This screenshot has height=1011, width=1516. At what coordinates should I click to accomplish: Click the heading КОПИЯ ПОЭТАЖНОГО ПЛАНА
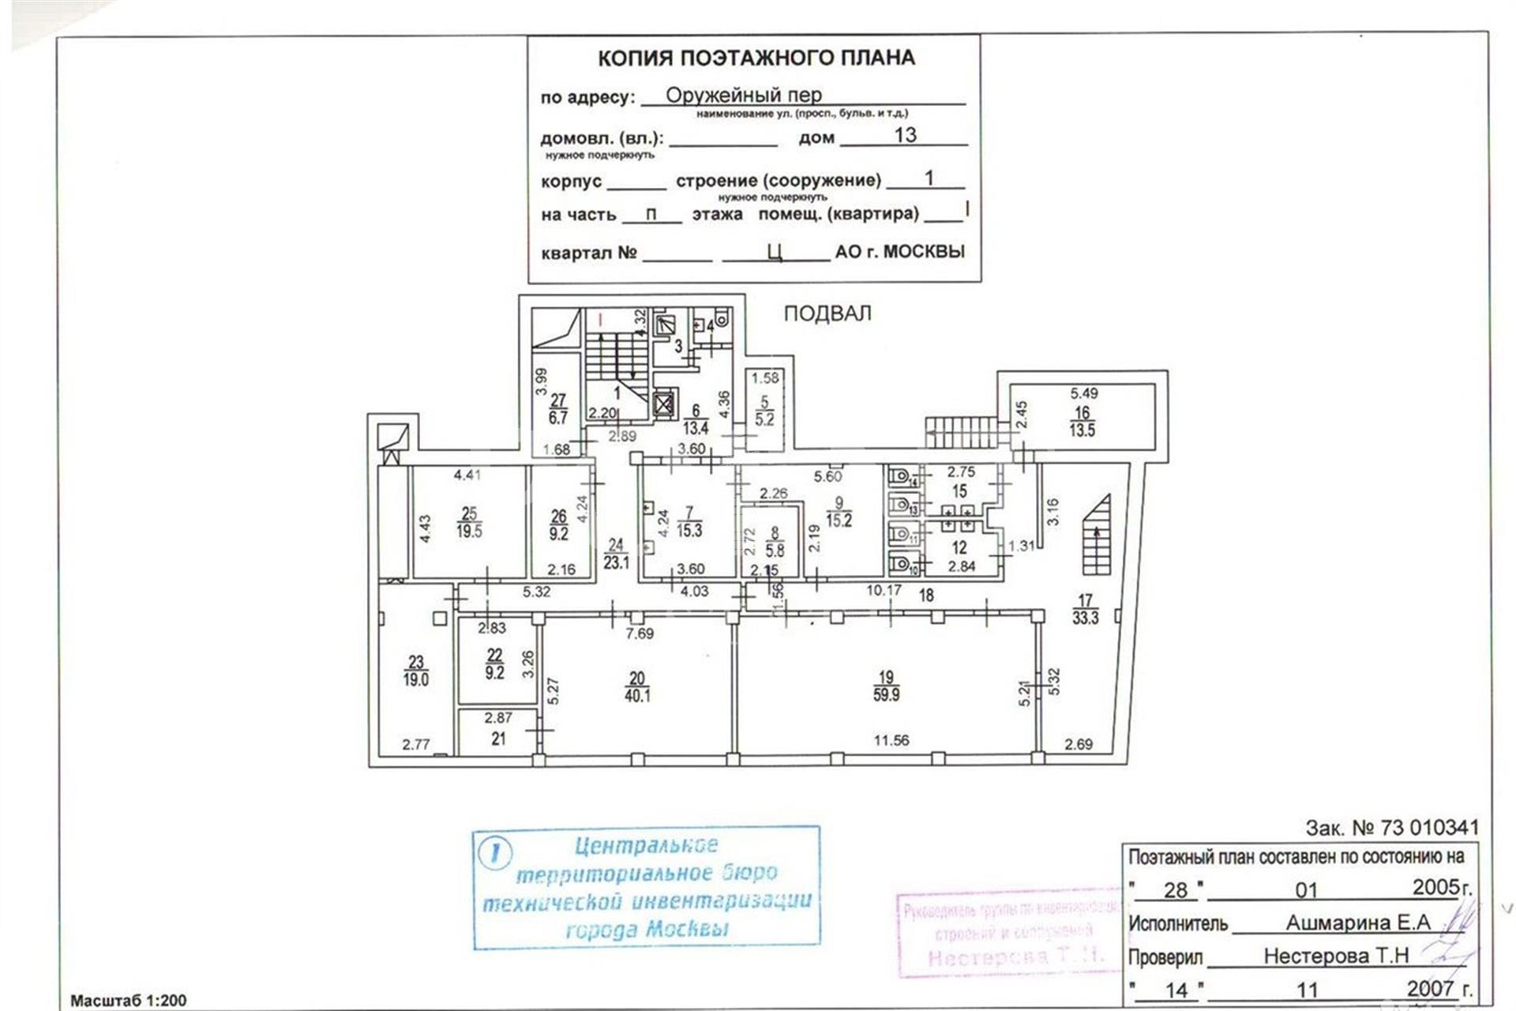[x=756, y=58]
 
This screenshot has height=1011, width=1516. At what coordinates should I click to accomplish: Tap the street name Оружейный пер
[x=743, y=95]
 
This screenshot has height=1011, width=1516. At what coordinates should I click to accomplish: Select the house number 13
[x=905, y=135]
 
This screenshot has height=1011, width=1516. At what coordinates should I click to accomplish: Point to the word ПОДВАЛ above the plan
[x=827, y=314]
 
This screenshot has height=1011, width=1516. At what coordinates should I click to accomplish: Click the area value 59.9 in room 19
[x=886, y=696]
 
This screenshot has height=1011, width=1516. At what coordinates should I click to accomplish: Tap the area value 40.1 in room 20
[x=637, y=696]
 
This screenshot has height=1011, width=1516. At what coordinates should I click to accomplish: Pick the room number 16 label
[x=1082, y=412]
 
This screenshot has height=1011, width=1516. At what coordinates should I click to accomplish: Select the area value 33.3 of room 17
[x=1086, y=618]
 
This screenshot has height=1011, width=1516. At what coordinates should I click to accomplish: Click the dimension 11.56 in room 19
[x=891, y=740]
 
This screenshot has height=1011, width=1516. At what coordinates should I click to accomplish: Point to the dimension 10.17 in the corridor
[x=884, y=589]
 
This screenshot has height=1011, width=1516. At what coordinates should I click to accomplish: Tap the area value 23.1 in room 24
[x=616, y=562]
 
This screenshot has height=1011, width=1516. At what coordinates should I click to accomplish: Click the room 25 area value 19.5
[x=469, y=532]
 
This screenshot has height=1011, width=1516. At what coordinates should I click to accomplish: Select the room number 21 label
[x=498, y=739]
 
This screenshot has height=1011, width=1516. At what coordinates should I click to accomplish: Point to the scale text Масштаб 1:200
[x=128, y=1000]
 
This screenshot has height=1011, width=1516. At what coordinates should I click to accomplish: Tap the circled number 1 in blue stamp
[x=496, y=852]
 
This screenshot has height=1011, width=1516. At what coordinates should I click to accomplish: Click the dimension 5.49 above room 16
[x=1083, y=393]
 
